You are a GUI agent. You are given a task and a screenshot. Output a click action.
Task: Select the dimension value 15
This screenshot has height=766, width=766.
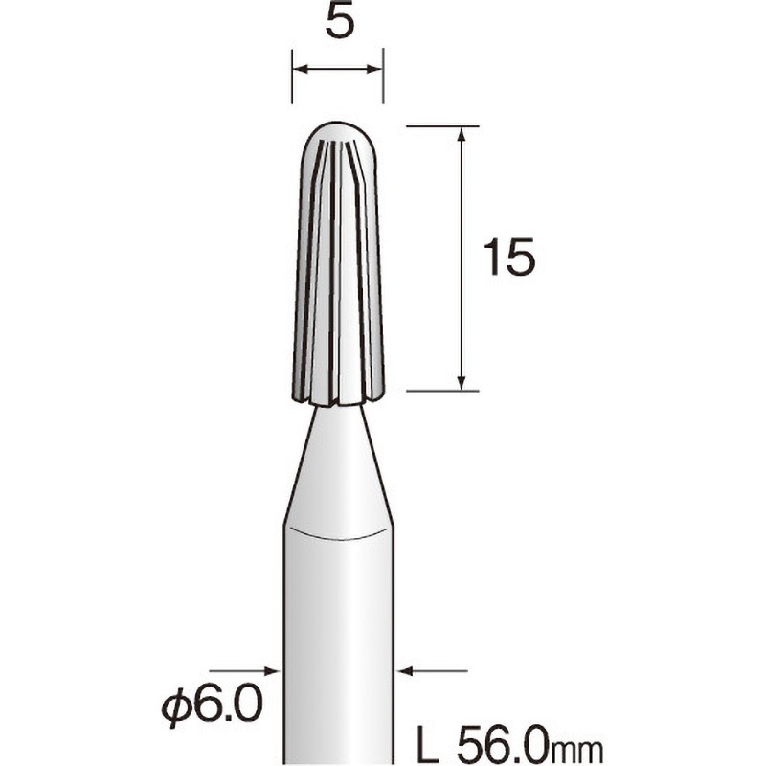pyautogui.click(x=508, y=259)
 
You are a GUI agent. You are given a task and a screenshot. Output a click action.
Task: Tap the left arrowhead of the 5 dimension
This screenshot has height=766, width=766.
pyautogui.click(x=300, y=68)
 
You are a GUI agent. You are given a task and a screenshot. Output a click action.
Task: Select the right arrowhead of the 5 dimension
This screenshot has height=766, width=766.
pyautogui.click(x=374, y=68)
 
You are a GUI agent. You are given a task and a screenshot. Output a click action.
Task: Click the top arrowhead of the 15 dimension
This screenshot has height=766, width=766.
pyautogui.click(x=462, y=134)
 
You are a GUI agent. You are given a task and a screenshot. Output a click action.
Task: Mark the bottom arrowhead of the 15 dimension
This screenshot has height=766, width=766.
pyautogui.click(x=462, y=382)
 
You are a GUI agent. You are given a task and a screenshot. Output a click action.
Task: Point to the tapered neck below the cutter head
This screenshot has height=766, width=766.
pyautogui.click(x=337, y=460)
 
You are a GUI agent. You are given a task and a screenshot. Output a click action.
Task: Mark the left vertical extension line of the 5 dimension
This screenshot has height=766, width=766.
pyautogui.click(x=291, y=77)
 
